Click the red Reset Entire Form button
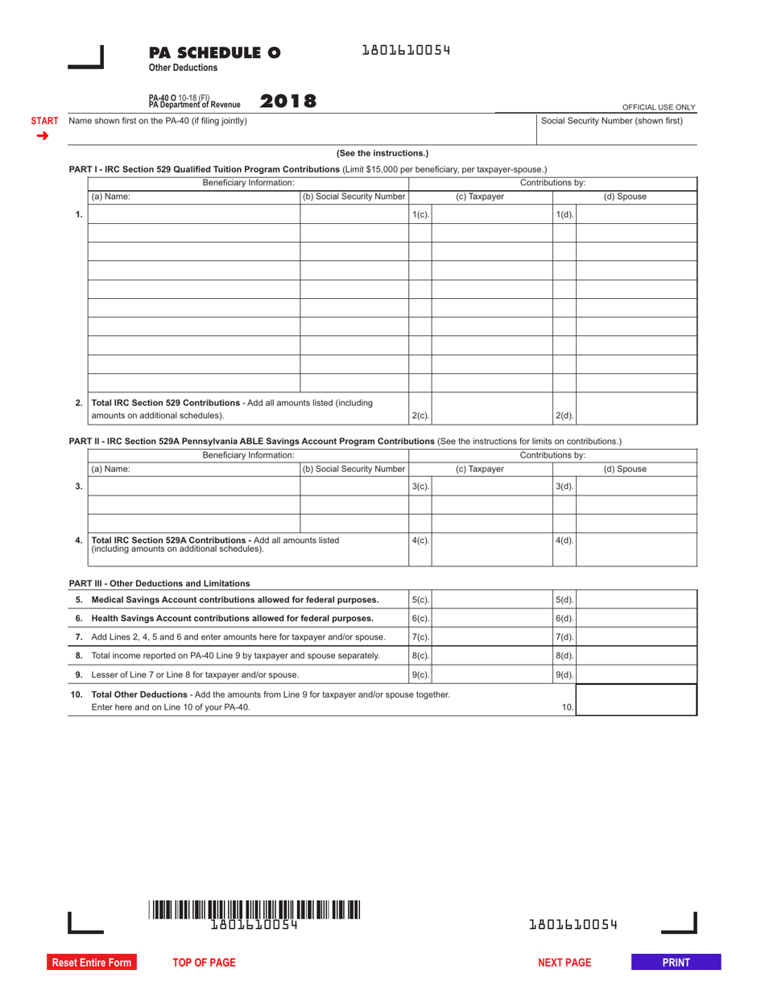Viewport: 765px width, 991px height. click(x=91, y=962)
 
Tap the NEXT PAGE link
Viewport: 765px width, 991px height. click(x=564, y=962)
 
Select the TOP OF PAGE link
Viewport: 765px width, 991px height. click(x=204, y=962)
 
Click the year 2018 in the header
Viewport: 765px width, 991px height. click(x=287, y=102)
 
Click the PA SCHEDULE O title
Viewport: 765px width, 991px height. click(x=214, y=53)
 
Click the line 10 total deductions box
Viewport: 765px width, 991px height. click(x=637, y=699)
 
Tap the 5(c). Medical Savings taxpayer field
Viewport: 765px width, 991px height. click(x=492, y=599)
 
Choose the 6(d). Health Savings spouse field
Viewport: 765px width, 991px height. click(x=637, y=618)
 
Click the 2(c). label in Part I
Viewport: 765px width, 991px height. click(x=420, y=416)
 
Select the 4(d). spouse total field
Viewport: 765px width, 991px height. click(x=637, y=549)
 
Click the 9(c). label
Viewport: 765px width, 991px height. click(x=420, y=674)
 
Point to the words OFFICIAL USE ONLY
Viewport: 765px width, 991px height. click(x=658, y=107)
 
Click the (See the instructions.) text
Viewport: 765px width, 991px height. click(x=382, y=153)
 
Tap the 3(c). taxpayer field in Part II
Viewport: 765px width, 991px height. click(x=492, y=486)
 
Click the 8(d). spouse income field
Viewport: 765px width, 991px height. click(x=637, y=656)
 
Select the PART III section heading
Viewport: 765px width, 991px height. click(x=159, y=583)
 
